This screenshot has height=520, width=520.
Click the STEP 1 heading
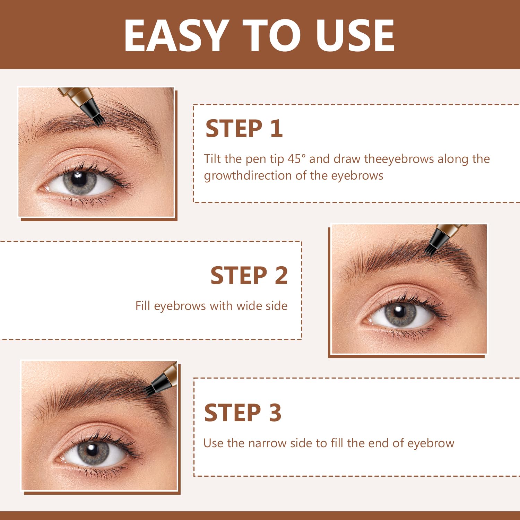coord(244,129)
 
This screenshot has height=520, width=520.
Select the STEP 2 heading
coord(249,276)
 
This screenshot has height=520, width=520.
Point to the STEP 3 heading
coord(243,413)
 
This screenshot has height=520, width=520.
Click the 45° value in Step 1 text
coord(297,159)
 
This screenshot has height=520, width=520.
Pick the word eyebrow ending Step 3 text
coord(431,443)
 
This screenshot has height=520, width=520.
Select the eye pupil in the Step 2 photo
coord(399,311)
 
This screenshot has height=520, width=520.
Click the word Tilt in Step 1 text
coord(212,159)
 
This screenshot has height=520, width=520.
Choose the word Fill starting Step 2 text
coord(142,306)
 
